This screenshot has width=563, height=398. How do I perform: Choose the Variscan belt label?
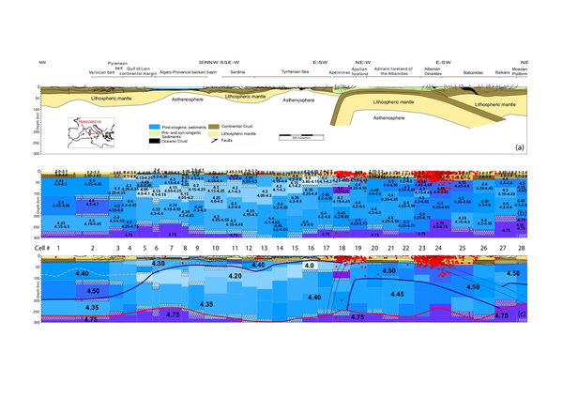pyautogui.click(x=99, y=70)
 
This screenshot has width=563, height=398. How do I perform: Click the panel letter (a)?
pyautogui.click(x=519, y=147)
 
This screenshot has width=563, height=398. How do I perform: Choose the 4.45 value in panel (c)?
pyautogui.click(x=399, y=294)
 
